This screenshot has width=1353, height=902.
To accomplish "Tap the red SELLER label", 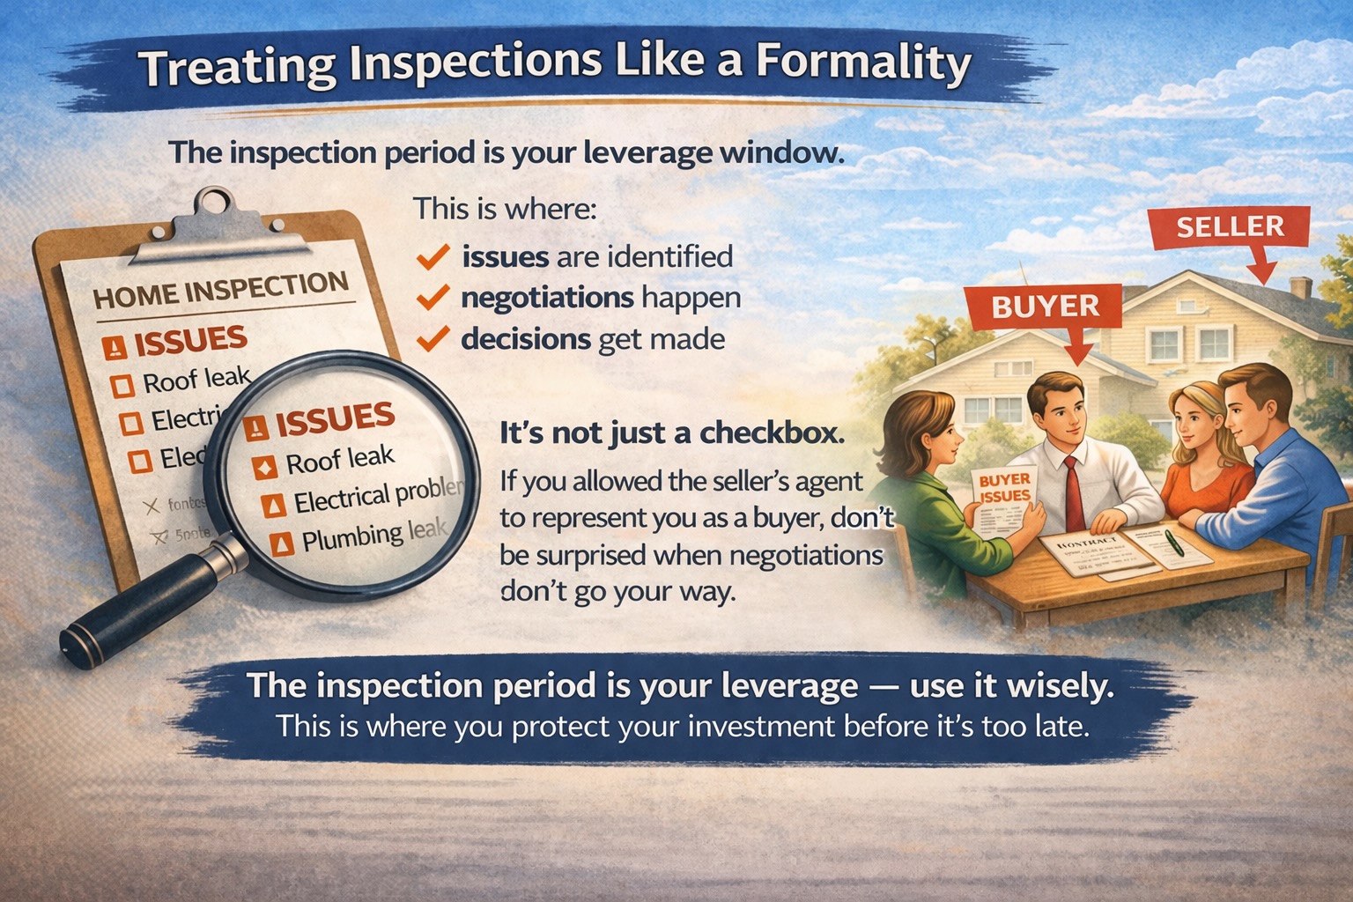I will click(x=1230, y=227).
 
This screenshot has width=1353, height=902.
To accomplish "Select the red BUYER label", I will click(x=1045, y=307).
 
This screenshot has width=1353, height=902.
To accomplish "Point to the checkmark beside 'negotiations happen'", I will click(x=433, y=298).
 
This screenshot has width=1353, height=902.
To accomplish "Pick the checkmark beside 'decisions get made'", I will click(x=433, y=338).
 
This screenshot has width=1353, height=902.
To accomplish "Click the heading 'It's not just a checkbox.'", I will click(x=671, y=433).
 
